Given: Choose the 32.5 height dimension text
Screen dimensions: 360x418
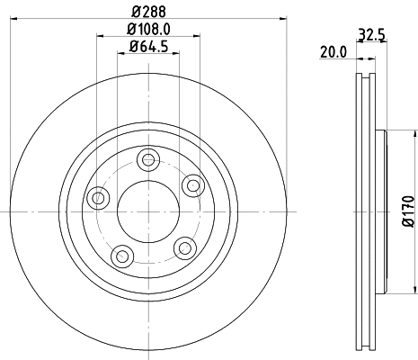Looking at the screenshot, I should pos(371,36).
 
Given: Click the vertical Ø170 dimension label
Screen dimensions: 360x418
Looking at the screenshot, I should pos(406,211).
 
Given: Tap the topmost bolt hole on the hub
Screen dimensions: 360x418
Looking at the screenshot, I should pos(147,160).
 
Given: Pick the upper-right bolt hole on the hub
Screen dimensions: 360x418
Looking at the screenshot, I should pos(191,184).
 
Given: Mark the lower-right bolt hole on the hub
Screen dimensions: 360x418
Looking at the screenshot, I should pos(185,247).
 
